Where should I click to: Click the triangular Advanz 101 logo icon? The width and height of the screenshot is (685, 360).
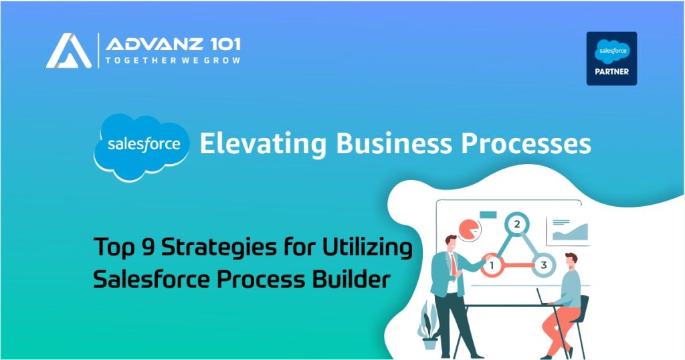[69, 51]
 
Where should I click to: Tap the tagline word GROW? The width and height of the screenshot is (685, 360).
[223, 61]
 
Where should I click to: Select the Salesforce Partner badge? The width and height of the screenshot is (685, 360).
[611, 58]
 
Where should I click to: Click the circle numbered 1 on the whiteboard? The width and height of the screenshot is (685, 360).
[492, 266]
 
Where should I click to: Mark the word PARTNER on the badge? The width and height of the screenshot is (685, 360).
[611, 72]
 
